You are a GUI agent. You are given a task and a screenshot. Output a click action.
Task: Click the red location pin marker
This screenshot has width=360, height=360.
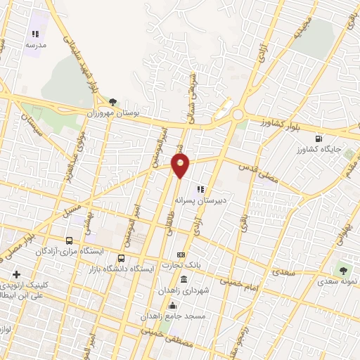(181, 165)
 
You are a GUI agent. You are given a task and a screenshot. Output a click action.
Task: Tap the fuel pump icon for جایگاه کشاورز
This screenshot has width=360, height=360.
(319, 139)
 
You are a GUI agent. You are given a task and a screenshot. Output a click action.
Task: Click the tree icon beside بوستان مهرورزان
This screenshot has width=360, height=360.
(113, 102)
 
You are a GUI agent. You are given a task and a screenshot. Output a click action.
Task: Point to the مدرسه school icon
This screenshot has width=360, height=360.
(35, 33)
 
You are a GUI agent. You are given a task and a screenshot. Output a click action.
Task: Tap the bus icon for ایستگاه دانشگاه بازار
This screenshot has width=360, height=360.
(122, 258)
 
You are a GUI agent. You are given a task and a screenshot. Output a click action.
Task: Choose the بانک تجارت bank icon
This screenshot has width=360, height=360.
(181, 255)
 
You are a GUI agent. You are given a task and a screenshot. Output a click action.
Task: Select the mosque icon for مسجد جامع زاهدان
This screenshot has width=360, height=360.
(172, 306)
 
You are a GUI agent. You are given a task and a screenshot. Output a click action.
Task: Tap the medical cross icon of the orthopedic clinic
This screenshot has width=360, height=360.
(16, 274)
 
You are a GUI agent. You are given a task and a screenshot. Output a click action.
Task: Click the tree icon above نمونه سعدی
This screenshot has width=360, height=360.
(342, 269)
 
